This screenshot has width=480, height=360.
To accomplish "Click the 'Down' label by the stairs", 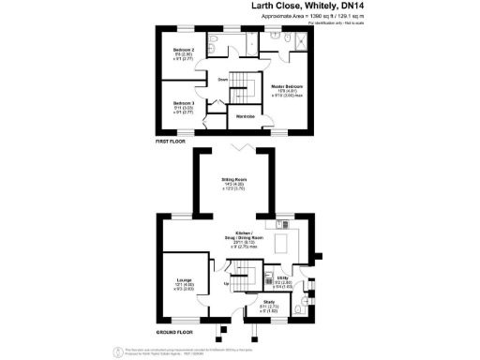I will tap(223, 81).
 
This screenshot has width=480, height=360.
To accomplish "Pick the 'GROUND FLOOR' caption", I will tap(176, 332).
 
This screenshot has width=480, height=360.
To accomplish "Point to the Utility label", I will tap(282, 278).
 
